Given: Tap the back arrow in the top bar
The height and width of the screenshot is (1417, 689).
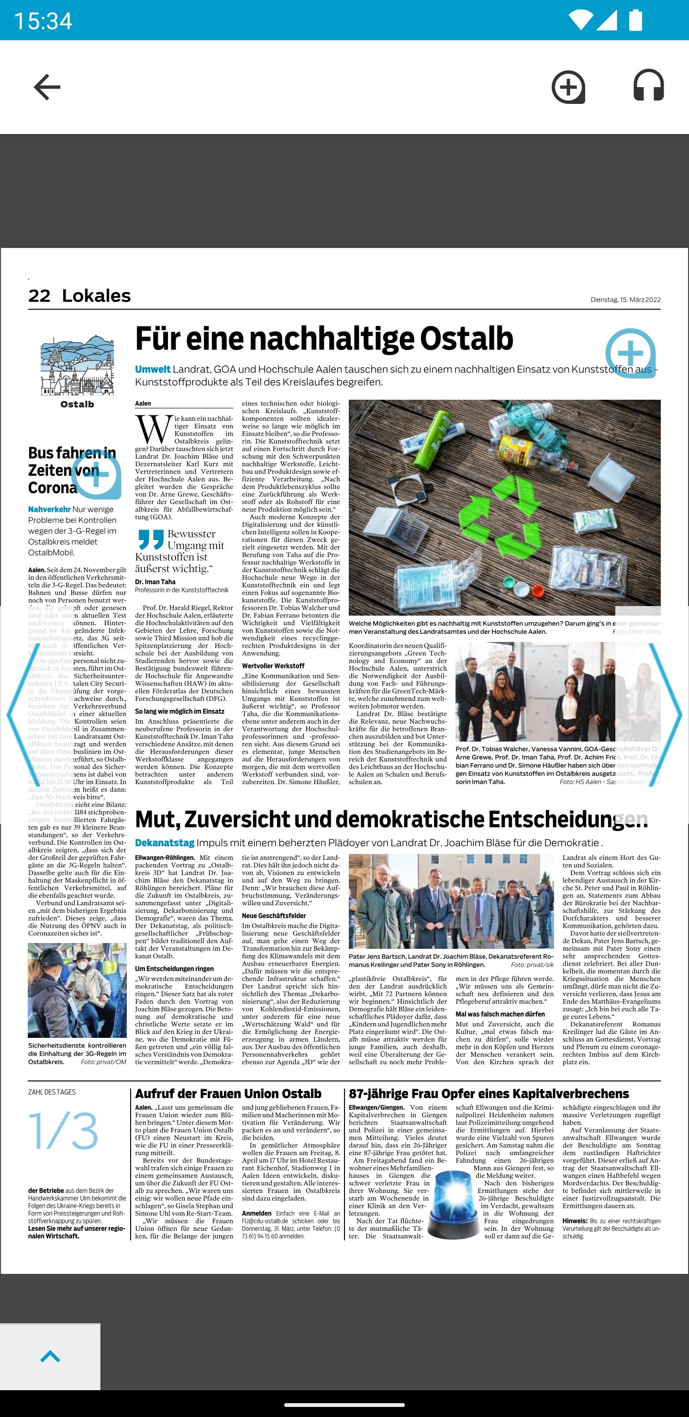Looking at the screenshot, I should (x=47, y=88).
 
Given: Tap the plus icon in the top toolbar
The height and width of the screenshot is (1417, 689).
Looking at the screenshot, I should (x=568, y=87).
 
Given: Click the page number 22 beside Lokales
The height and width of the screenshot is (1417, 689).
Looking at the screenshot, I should (x=39, y=296).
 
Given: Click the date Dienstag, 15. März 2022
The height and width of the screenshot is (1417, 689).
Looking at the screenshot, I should (x=625, y=300).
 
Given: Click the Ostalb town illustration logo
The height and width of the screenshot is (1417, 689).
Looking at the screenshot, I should (x=77, y=366).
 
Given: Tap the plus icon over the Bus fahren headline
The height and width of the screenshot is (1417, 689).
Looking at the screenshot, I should (x=97, y=474).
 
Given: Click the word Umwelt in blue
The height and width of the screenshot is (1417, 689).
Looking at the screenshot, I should (x=153, y=369).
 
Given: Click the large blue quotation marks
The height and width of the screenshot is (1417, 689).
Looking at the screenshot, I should (x=151, y=539).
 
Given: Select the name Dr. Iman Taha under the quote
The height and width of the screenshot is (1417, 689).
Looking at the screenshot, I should (x=156, y=582).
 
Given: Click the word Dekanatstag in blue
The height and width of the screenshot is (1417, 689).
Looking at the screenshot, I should (x=165, y=843).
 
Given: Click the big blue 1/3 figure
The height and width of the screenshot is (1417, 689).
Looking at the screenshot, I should (x=64, y=1132).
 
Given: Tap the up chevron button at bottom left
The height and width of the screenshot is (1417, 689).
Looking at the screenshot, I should (x=50, y=1357).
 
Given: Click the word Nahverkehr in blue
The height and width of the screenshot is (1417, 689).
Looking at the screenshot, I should (x=49, y=509).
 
